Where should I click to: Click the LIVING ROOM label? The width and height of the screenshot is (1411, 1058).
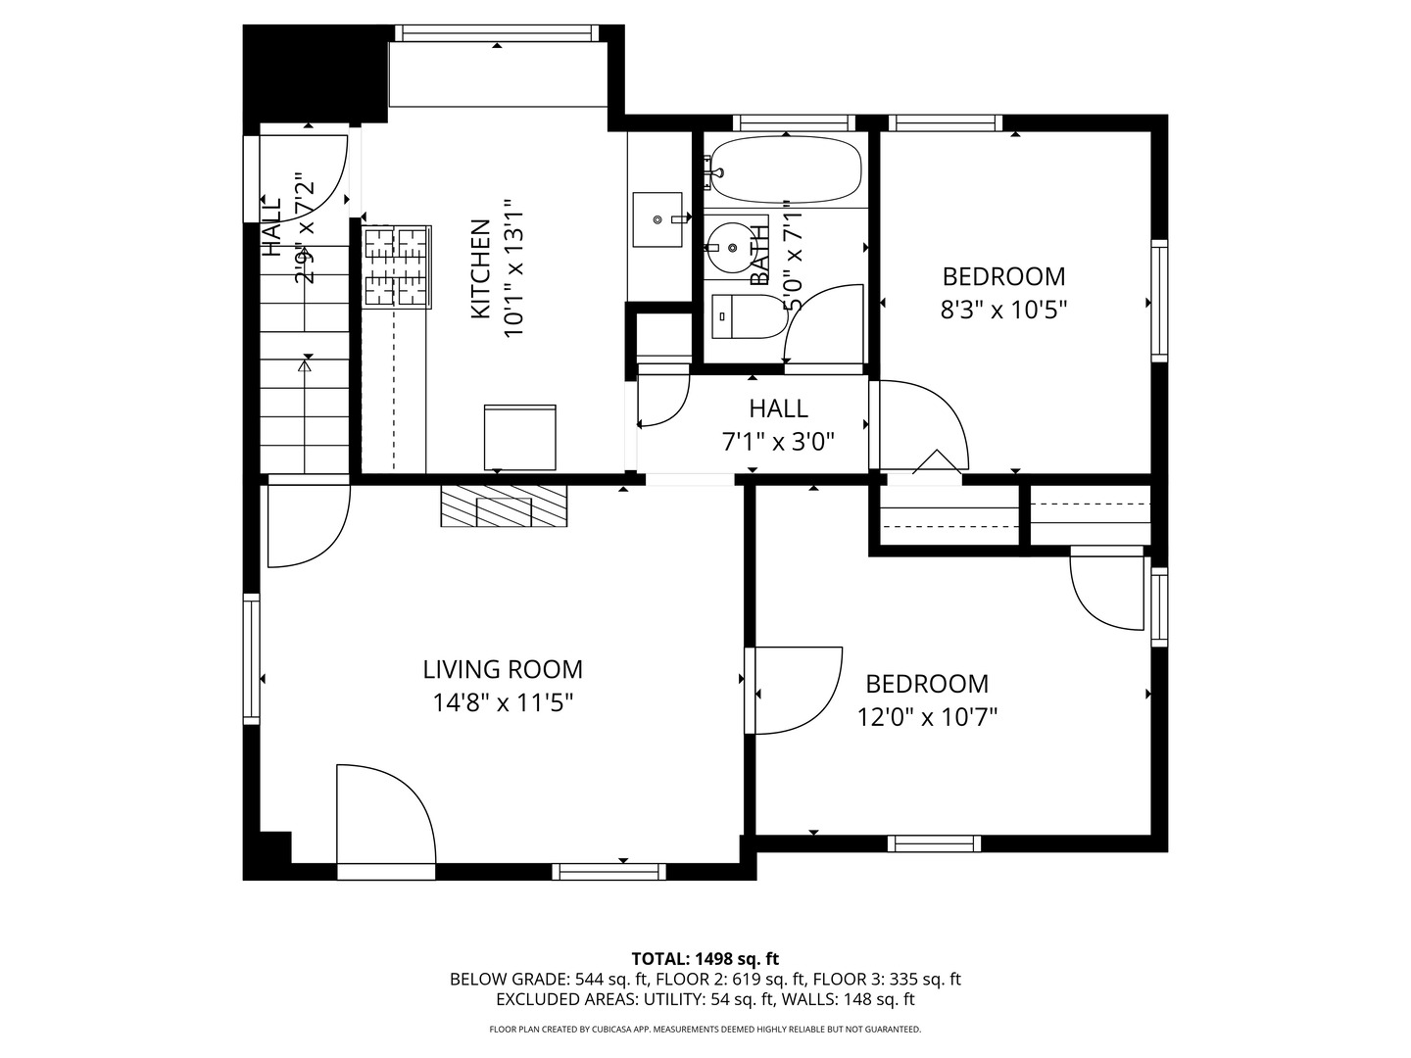(503, 669)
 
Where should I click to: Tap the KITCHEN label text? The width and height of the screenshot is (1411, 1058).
(480, 268)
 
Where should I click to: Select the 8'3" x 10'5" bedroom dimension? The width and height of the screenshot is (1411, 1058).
(1003, 311)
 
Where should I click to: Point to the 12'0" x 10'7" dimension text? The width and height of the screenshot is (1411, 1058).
(927, 718)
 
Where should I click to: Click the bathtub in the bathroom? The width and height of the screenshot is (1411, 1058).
(786, 169)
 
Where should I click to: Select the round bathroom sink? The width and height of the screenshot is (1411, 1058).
(728, 245)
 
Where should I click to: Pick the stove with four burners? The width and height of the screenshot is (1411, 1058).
(397, 266)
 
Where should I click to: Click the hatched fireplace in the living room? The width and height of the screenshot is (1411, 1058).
(504, 506)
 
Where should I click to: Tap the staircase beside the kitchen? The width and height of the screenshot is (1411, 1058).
(305, 392)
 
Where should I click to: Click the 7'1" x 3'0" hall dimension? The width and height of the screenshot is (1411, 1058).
(778, 442)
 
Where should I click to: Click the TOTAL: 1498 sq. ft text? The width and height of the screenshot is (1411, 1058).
(705, 958)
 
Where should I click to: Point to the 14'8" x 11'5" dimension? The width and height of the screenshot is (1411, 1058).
(503, 702)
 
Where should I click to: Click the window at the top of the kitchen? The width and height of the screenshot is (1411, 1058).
(497, 33)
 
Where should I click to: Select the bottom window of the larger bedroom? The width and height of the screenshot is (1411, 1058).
(934, 842)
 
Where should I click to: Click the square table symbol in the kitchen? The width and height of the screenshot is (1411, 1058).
(519, 437)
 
